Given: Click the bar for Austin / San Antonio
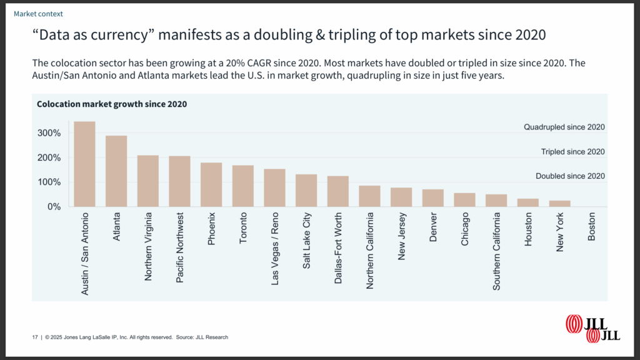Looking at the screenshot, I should tap(85, 164).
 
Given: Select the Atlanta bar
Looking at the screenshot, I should tap(116, 171).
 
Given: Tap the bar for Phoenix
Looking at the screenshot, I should tap(211, 184).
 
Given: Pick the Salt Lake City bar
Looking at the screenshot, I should tap(306, 190).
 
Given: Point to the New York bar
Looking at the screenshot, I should tap(560, 203).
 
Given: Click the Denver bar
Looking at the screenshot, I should tap(433, 197).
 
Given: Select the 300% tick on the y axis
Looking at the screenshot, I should tap(48, 133).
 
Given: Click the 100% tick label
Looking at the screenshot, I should tap(48, 182).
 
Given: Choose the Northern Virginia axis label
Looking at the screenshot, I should tap(148, 246).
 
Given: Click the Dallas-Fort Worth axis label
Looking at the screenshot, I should tap(338, 249).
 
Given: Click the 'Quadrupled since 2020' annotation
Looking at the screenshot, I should tap(564, 127).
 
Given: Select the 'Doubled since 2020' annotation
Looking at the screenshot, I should tap(570, 176).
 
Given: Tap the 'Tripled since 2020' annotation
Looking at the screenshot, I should tap(572, 152).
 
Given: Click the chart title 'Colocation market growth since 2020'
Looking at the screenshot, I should tap(112, 104).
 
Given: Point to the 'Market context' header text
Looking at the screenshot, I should tap(38, 13).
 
